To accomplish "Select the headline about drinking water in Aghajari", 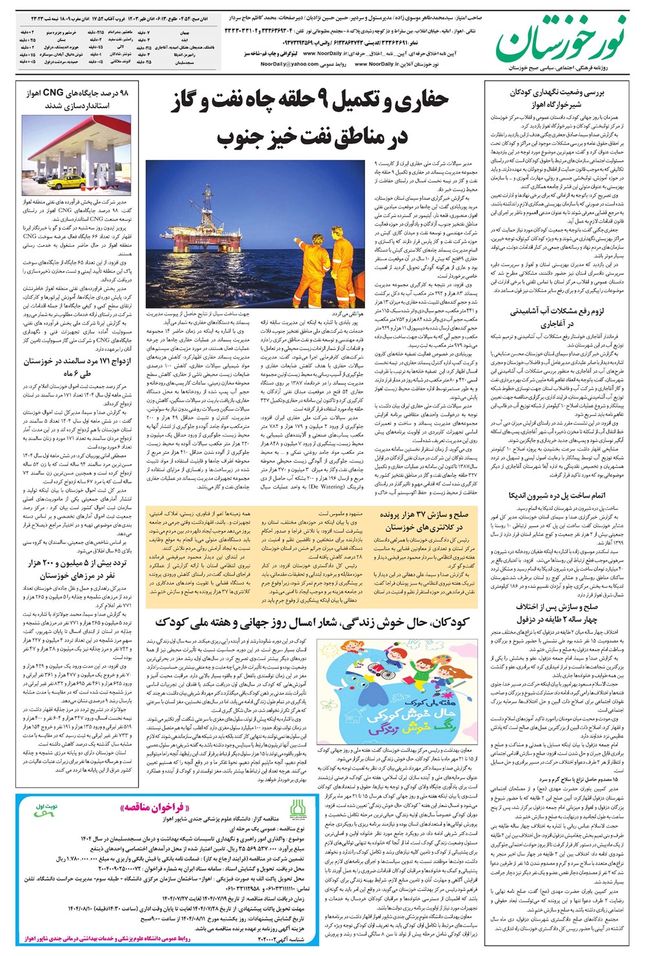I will click(557, 318).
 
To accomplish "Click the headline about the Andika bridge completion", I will click(557, 496).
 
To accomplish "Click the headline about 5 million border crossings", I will click(77, 569).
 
